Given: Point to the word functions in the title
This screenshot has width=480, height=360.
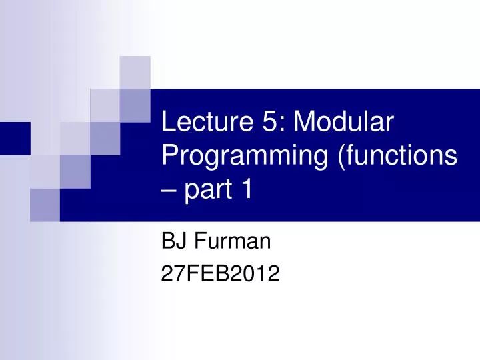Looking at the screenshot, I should click(399, 156).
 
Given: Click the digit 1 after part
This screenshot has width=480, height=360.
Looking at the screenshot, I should click(247, 190).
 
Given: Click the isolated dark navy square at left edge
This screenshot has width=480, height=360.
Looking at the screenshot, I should click(14, 138).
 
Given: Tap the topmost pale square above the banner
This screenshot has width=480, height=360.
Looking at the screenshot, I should click(135, 71).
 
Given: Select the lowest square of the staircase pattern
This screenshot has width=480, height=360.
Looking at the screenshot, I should click(45, 205).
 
